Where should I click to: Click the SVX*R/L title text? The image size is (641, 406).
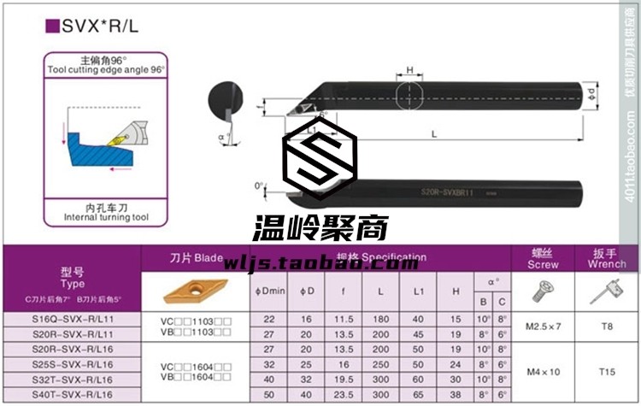coord(95,26)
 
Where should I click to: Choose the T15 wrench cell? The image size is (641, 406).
coord(608,372)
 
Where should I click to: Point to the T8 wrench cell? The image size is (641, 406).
coord(608,327)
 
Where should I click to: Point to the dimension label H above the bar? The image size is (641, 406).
coord(410,70)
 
